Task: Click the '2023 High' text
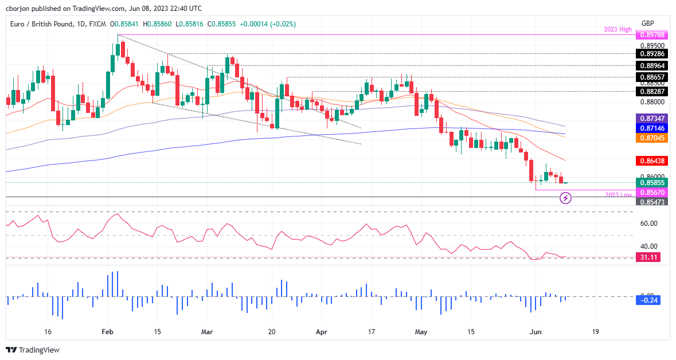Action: (x=618, y=29)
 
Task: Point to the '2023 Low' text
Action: (x=618, y=195)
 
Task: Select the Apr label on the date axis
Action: (x=322, y=332)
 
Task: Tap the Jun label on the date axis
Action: (x=536, y=332)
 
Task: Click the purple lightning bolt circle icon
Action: (x=565, y=198)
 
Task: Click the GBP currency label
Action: (x=647, y=23)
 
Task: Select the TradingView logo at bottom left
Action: (x=33, y=350)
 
